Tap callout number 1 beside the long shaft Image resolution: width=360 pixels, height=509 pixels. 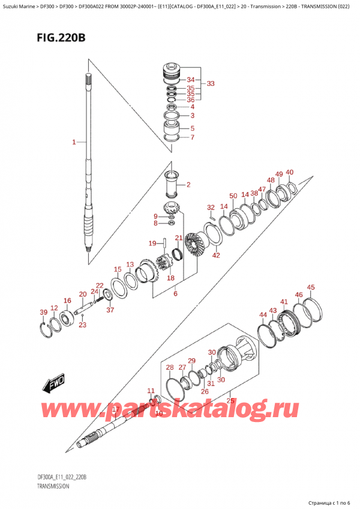pyautogui.click(x=74, y=142)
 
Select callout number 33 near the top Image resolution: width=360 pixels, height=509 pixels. pyautogui.click(x=210, y=83)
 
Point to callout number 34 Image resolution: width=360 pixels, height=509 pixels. pyautogui.click(x=190, y=80)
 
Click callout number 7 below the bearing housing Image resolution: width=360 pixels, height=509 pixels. pyautogui.click(x=192, y=137)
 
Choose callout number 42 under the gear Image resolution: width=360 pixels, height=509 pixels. pyautogui.click(x=216, y=256)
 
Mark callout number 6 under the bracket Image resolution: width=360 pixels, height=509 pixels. pyautogui.click(x=175, y=294)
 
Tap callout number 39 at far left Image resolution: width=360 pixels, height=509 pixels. pyautogui.click(x=43, y=312)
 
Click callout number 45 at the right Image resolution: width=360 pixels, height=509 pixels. pyautogui.click(x=310, y=288)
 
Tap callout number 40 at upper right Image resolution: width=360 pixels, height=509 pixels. pyautogui.click(x=290, y=173)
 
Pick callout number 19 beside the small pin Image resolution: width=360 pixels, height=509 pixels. pyautogui.click(x=153, y=243)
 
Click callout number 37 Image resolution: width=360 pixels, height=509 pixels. pyautogui.click(x=110, y=310)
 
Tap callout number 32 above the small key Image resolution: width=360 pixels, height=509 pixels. pyautogui.click(x=211, y=208)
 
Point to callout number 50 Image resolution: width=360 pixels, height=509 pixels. pyautogui.click(x=233, y=196)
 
